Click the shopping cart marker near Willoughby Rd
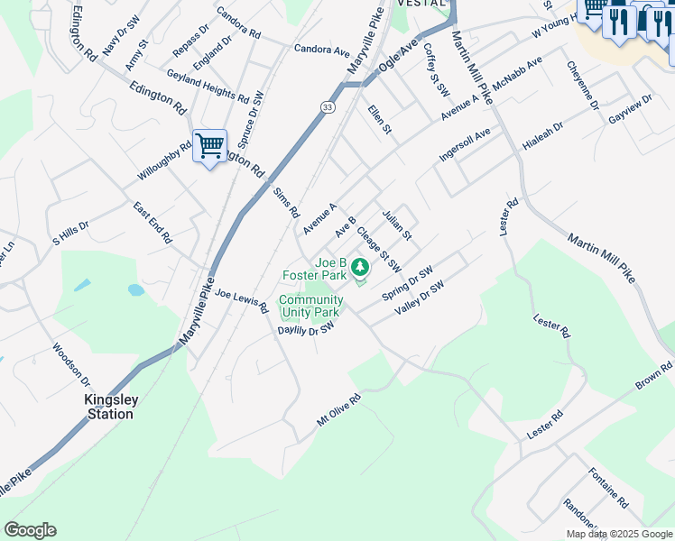(209, 144)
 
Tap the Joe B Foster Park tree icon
(360, 266)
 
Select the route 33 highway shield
(325, 106)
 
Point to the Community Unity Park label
(310, 306)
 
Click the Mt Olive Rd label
(338, 408)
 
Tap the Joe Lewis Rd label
(242, 300)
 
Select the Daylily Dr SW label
(306, 331)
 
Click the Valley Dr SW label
(420, 298)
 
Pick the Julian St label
(396, 225)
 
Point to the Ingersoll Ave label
(464, 143)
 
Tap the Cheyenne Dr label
(583, 85)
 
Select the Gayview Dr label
(629, 108)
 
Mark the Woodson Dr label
(71, 362)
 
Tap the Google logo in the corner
(30, 529)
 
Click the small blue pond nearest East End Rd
(136, 290)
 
